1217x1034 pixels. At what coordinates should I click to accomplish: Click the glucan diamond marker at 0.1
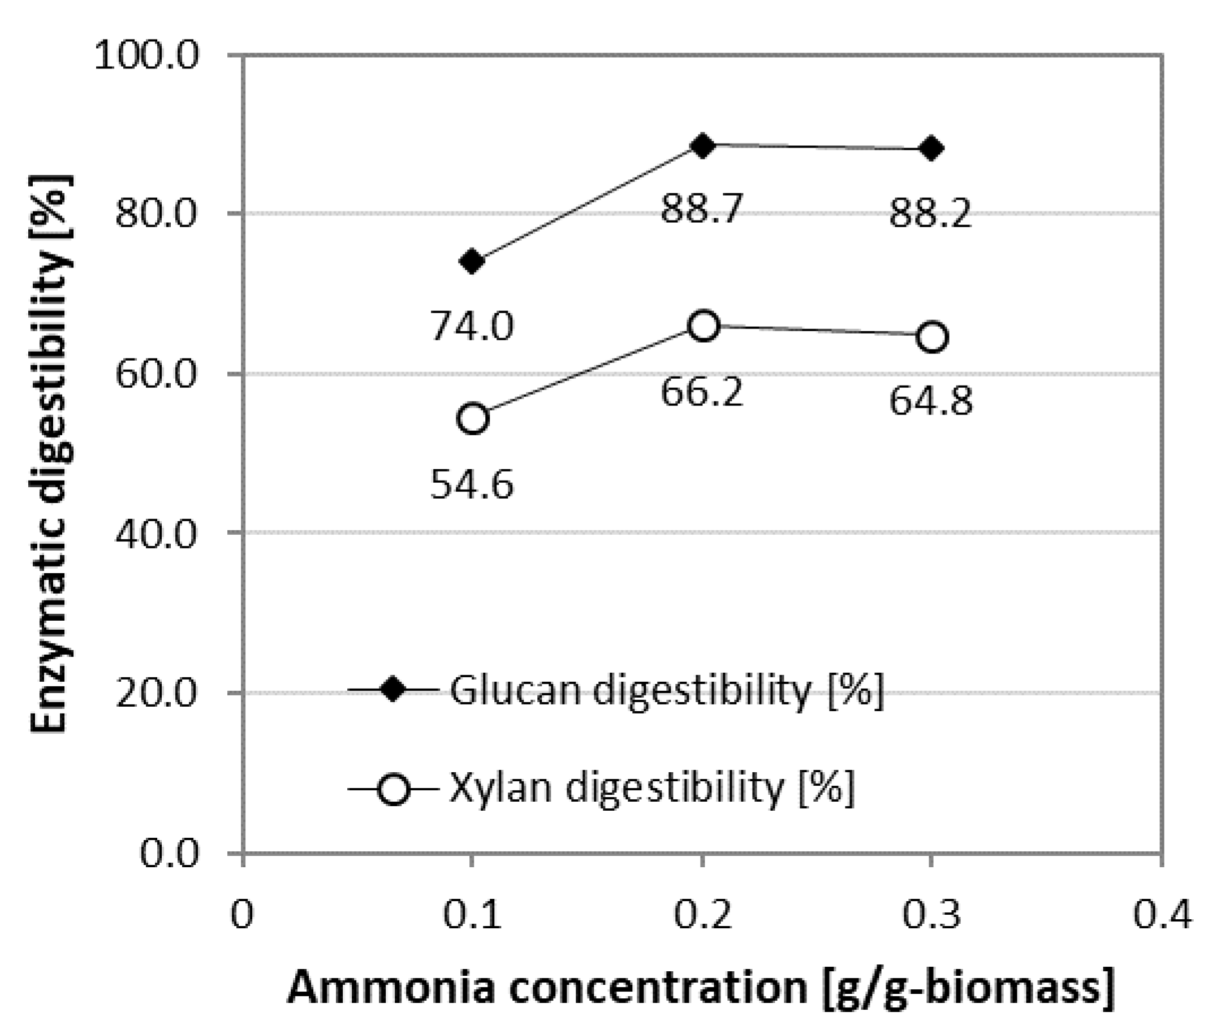click(473, 261)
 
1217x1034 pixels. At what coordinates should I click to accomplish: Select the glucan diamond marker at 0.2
click(703, 146)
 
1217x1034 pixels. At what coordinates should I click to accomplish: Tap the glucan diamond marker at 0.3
click(931, 149)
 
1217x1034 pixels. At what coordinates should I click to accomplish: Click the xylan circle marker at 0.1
click(473, 418)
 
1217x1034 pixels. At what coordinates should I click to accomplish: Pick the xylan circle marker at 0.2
click(703, 325)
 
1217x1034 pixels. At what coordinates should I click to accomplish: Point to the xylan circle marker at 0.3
click(931, 337)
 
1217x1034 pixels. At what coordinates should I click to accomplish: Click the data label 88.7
click(702, 209)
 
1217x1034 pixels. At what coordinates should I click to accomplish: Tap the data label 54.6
click(472, 484)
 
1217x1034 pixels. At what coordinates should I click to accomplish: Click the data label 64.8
click(931, 402)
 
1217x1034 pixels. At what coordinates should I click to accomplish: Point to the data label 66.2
click(702, 392)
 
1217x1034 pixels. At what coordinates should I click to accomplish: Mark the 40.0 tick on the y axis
click(156, 534)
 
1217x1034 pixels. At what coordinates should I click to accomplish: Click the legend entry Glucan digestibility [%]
click(666, 690)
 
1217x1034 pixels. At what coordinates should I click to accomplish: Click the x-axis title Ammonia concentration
click(701, 988)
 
